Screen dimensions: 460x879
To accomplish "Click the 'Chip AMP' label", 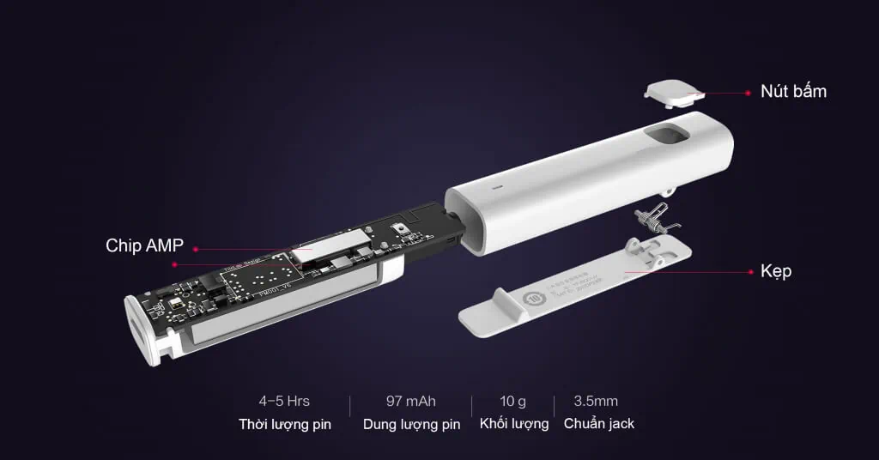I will click(x=144, y=245).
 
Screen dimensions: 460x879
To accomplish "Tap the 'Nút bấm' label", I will click(x=793, y=90).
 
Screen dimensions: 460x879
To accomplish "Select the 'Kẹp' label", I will click(x=775, y=271).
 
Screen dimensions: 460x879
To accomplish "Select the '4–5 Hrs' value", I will click(x=284, y=401).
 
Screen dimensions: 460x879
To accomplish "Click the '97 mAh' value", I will click(x=411, y=401).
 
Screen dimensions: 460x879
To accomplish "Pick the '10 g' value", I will click(x=513, y=401).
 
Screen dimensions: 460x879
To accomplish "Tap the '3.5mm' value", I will click(x=596, y=401).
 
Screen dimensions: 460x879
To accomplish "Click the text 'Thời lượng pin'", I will click(x=284, y=424).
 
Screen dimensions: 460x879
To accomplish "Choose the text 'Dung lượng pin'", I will click(x=411, y=424).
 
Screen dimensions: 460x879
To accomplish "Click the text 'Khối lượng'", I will click(x=513, y=424).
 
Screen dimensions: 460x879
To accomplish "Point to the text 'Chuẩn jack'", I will click(x=599, y=424).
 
